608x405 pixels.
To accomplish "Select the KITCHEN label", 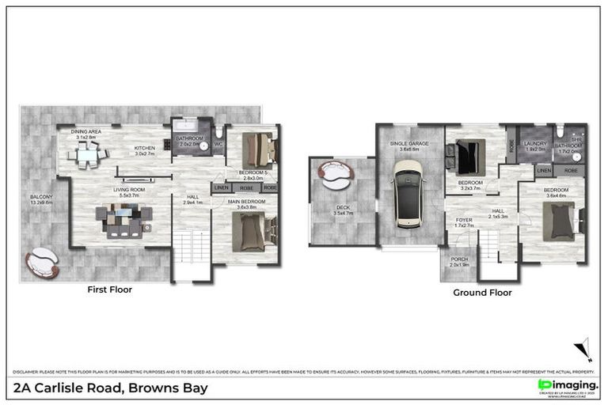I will coord(143,148).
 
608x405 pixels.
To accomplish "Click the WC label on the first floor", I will coord(218,144).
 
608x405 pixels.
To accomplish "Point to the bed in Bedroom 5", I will coord(256,147).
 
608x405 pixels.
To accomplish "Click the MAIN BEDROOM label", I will coord(246,202).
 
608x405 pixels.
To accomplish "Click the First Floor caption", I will coord(109,290).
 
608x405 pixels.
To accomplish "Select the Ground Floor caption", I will coord(482,293).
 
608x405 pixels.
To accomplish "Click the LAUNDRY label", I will coord(535,144).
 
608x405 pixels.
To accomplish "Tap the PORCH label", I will coord(458,259).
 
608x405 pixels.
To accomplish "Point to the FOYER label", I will coord(462,221).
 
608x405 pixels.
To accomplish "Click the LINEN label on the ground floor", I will coord(543,170).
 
